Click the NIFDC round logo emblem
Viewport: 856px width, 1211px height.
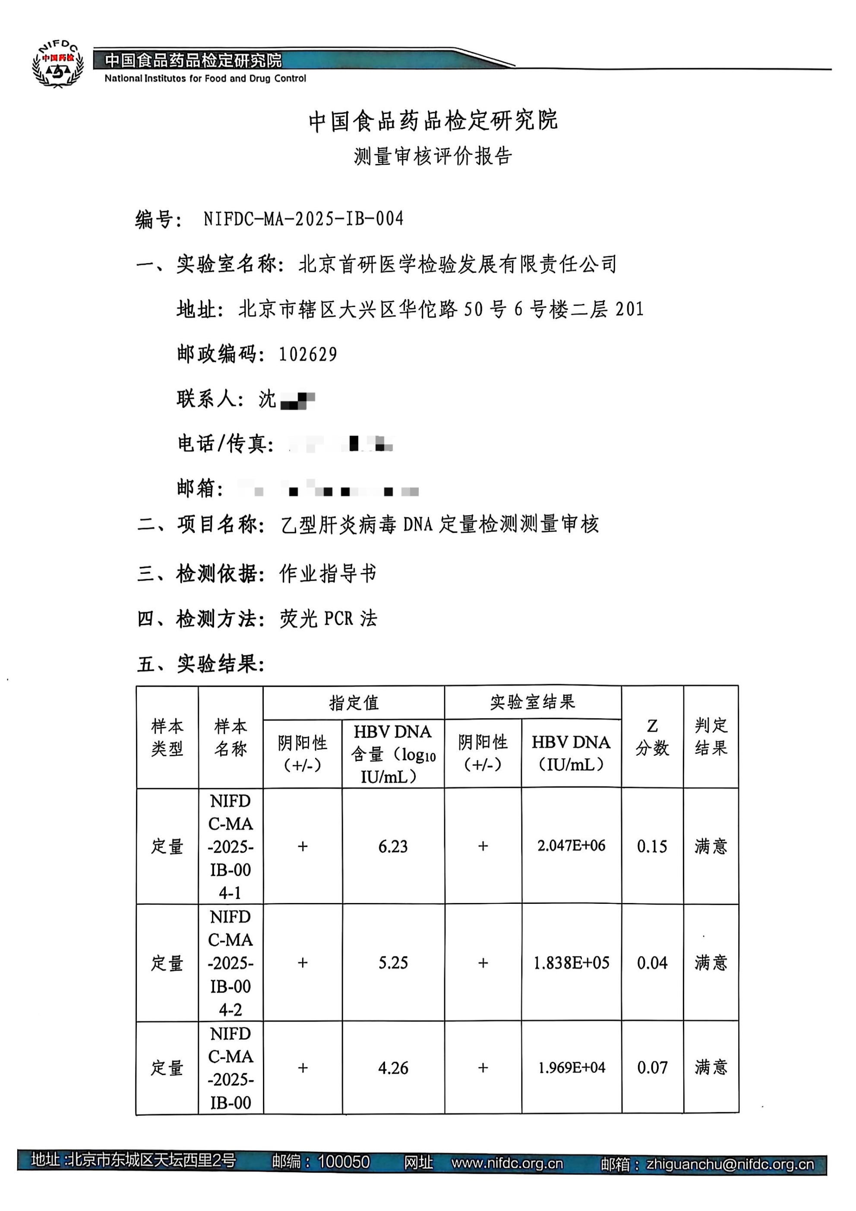(58, 64)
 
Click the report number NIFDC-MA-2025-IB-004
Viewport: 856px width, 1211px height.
(303, 218)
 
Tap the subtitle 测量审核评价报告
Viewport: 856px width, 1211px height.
(433, 156)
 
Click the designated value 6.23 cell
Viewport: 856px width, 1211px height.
(393, 846)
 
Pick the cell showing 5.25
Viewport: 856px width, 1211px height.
(393, 963)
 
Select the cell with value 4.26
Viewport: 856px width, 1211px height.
(393, 1068)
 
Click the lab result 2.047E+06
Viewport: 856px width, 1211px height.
(571, 846)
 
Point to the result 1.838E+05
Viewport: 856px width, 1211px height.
(571, 963)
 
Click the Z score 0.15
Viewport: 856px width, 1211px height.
(652, 846)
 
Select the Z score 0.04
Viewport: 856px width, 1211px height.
(652, 963)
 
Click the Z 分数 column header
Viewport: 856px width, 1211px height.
(652, 737)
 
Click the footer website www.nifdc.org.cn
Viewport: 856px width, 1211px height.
(507, 1164)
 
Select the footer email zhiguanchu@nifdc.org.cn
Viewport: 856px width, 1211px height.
(730, 1164)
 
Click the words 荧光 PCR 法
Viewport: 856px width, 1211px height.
(328, 618)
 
